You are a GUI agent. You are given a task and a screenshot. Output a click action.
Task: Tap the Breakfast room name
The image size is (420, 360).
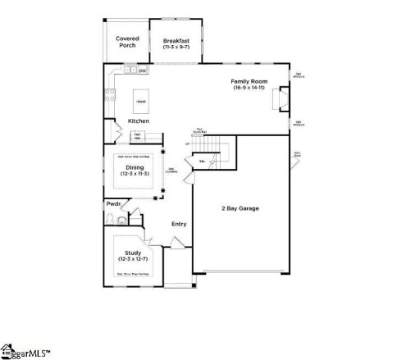click(176, 40)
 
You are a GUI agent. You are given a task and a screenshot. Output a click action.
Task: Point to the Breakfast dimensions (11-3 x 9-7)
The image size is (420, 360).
click(176, 48)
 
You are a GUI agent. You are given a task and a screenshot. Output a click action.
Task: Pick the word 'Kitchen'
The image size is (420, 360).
click(138, 121)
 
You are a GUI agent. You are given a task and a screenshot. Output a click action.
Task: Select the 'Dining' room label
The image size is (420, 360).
click(135, 167)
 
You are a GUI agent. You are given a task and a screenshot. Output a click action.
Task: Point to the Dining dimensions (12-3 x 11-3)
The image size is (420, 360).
click(135, 174)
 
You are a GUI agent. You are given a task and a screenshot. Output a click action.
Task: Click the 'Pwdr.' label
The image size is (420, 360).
click(113, 203)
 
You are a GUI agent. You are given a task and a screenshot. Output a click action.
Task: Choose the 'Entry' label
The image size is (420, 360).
click(178, 223)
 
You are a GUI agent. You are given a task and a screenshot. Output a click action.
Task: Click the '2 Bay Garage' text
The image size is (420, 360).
click(240, 208)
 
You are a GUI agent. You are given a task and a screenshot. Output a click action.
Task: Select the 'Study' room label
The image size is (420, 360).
click(133, 253)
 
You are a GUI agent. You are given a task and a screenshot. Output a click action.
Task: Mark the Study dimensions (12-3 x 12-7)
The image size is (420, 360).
click(133, 259)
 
